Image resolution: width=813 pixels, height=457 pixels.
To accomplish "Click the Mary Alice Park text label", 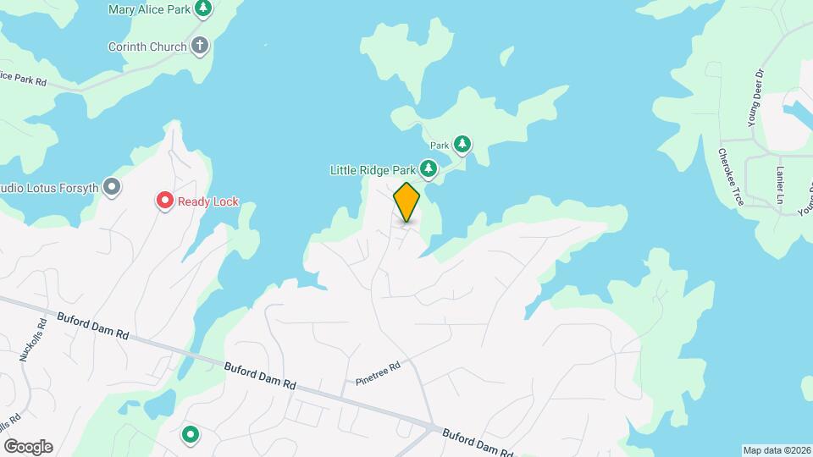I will click(148, 10).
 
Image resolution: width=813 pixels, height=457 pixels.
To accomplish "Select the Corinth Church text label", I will click(147, 46).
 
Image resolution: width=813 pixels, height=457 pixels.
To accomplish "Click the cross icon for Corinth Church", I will click(200, 46).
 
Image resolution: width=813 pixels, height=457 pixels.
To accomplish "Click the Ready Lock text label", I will click(208, 201).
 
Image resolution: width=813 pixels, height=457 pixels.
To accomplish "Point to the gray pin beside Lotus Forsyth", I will click(112, 186).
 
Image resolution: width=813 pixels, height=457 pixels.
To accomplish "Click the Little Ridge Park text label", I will click(373, 170).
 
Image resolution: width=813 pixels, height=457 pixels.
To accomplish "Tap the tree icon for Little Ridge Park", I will click(430, 170).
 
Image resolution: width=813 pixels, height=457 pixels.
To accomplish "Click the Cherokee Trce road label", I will click(730, 177).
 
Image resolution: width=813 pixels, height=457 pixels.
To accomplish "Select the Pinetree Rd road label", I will click(378, 372).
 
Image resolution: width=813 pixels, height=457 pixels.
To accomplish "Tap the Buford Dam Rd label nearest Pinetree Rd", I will click(260, 375).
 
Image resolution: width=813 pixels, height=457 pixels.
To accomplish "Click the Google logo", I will click(28, 447).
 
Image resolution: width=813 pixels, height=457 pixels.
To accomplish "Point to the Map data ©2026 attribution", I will click(776, 450).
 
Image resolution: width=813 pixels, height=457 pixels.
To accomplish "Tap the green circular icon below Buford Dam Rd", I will click(191, 435).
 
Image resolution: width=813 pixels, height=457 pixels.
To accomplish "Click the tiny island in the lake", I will click(506, 56).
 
